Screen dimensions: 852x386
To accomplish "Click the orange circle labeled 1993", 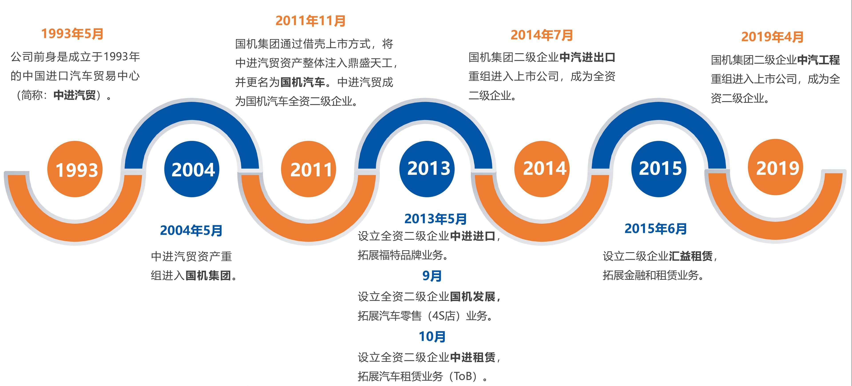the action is tap(75, 169).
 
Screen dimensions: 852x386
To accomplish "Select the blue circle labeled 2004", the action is tap(192, 169).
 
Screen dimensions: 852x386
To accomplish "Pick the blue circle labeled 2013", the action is tap(427, 169).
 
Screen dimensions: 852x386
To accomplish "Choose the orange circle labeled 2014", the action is tap(542, 169).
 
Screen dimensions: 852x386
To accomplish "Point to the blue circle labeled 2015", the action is tap(659, 169).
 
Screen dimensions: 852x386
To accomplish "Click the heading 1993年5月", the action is tap(72, 34).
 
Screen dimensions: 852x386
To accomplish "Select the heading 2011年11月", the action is tap(311, 21).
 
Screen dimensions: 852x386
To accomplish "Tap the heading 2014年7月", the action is tap(542, 35).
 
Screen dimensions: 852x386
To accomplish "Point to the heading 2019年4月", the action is tap(772, 37).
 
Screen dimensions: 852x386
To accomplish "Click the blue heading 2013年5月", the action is tap(436, 219).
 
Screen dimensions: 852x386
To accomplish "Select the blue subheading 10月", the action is tap(432, 337).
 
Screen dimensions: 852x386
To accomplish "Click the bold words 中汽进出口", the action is tap(587, 57).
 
